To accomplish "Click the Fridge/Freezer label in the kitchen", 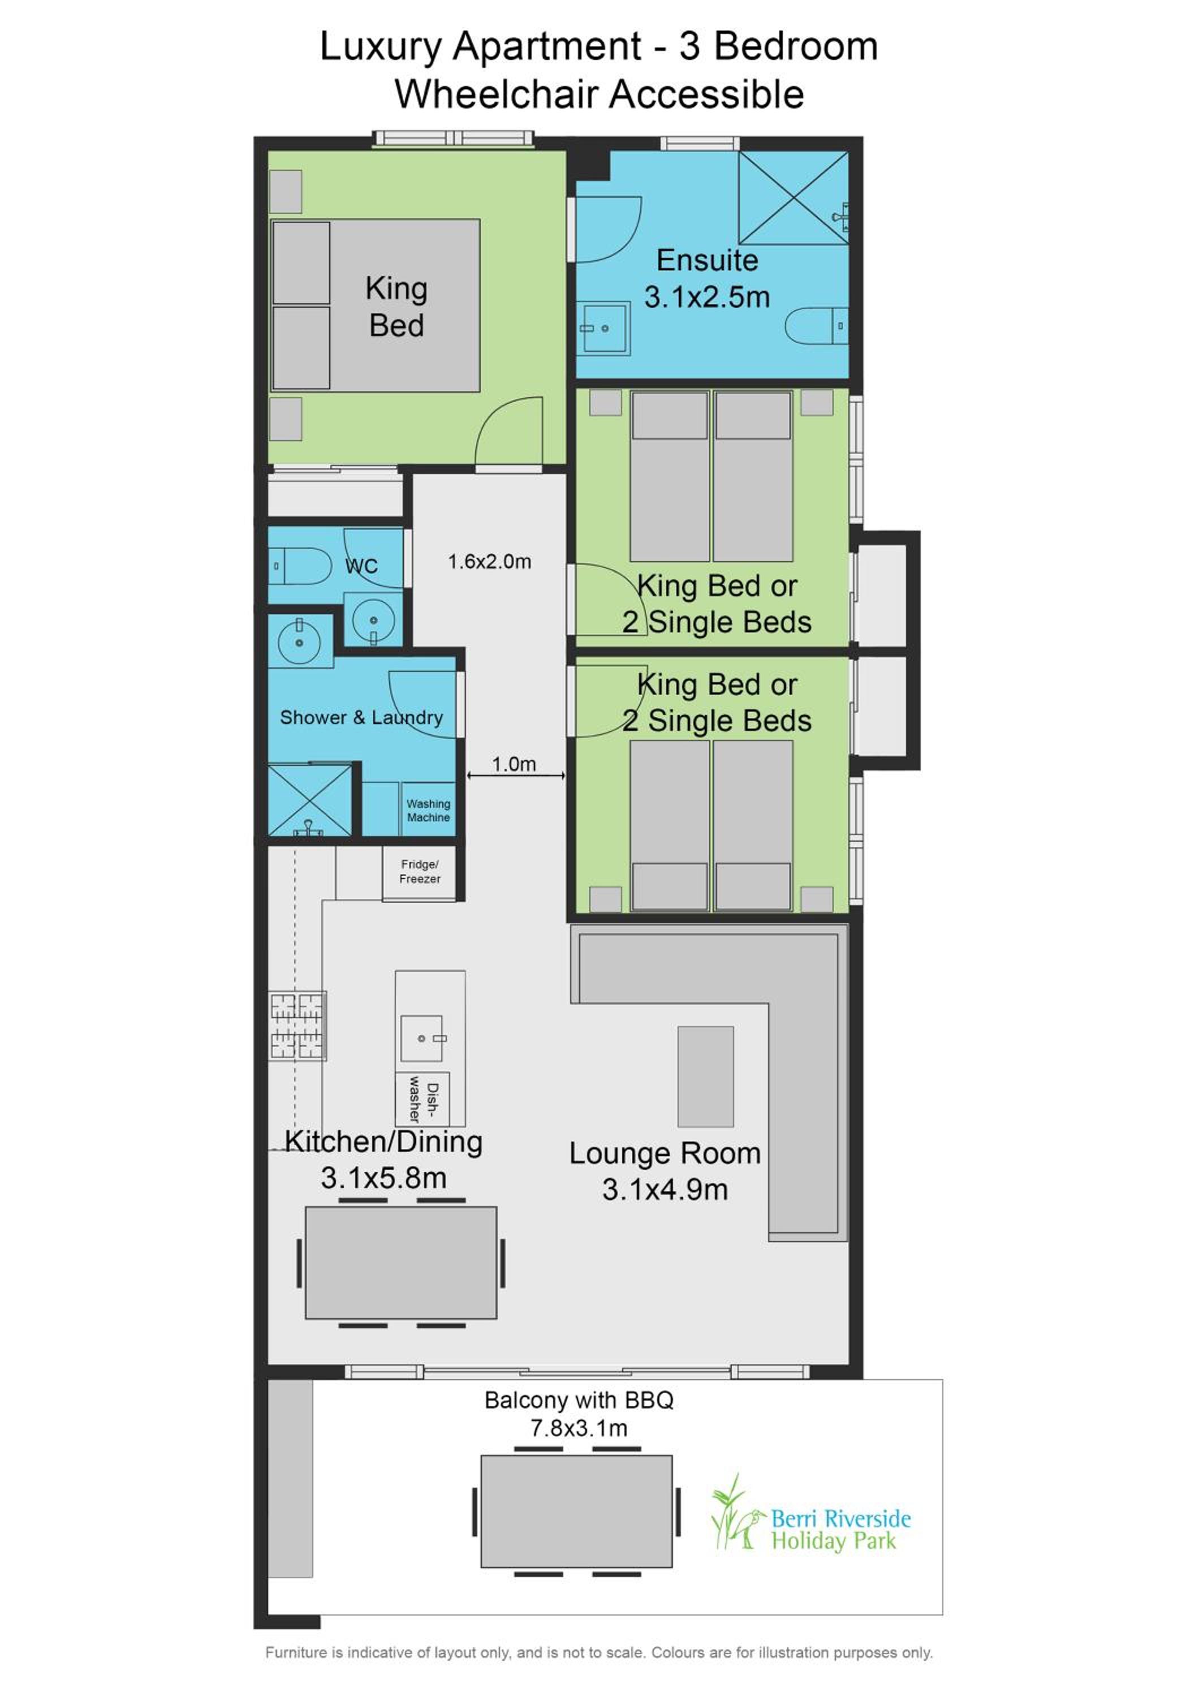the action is click(x=420, y=872).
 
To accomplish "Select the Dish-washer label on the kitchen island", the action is click(x=422, y=1099).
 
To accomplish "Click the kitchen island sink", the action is click(x=422, y=1037).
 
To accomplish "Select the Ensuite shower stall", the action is click(x=793, y=197).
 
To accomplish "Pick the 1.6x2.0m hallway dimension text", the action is click(x=489, y=562).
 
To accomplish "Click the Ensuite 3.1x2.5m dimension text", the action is click(x=707, y=297).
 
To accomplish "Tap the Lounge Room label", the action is click(x=665, y=1153).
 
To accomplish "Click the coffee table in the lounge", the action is click(x=705, y=1075).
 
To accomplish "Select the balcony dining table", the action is click(x=576, y=1511).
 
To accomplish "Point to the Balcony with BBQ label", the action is click(x=579, y=1401).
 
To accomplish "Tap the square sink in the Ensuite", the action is click(x=603, y=328).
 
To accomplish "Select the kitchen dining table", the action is click(x=400, y=1263).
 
